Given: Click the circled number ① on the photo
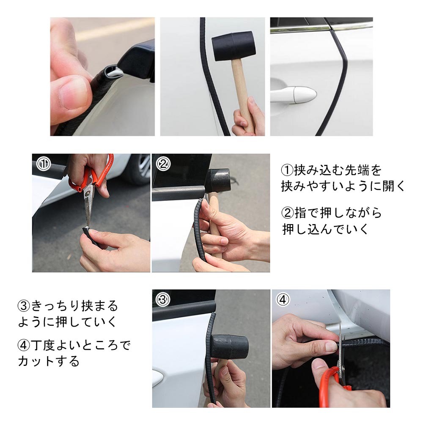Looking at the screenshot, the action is [x=44, y=164].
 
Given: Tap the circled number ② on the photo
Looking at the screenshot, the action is [x=163, y=163].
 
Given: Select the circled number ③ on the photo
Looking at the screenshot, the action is [x=163, y=300].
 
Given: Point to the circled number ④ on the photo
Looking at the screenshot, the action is [x=283, y=299].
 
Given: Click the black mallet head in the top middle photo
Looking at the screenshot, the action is [x=233, y=45].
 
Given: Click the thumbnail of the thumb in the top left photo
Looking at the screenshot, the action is [x=73, y=93].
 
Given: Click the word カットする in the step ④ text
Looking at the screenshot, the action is [x=49, y=361].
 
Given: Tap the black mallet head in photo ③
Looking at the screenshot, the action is [x=229, y=347].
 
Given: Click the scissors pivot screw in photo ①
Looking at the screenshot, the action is [x=88, y=192].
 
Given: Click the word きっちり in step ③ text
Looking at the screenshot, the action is [x=56, y=306].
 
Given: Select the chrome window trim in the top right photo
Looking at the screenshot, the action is [x=321, y=27].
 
